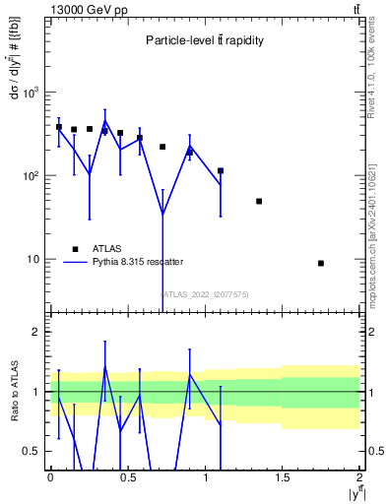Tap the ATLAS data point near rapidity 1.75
click(321, 263)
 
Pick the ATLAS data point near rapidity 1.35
click(259, 201)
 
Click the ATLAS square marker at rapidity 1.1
click(221, 170)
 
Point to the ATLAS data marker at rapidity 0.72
click(162, 147)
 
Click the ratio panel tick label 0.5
click(33, 451)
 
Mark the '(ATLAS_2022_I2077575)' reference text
click(205, 293)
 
